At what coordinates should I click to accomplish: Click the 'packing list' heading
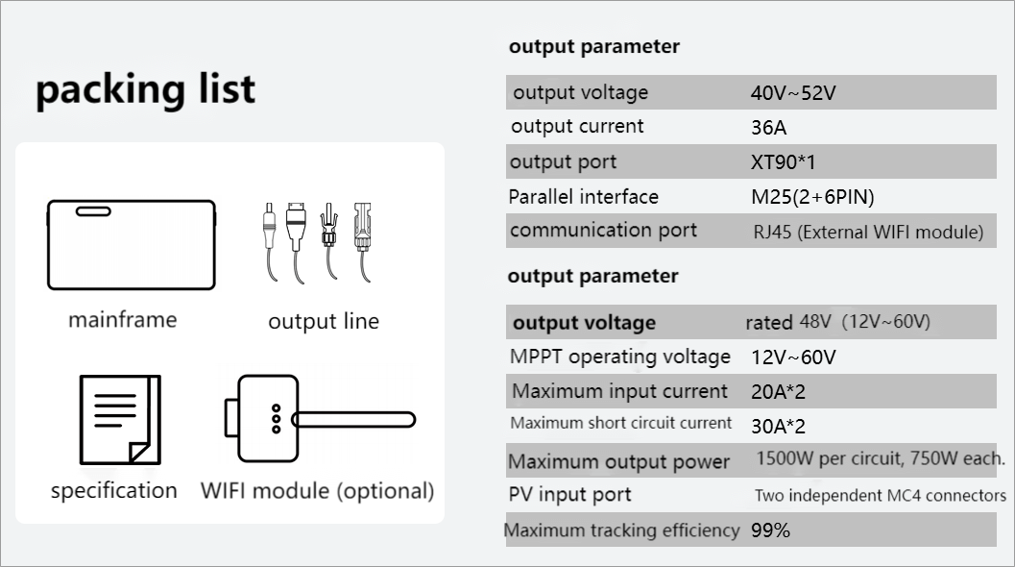146,89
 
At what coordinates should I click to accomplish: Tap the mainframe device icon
132,244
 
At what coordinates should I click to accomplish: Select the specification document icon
120,419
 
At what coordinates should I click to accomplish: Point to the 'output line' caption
324,321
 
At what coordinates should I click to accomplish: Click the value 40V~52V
793,93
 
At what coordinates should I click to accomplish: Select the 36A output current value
768,127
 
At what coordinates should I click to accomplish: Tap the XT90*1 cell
783,161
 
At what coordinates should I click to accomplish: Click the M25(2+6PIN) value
812,197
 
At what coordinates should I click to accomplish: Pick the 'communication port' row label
603,231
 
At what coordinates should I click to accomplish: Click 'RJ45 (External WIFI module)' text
868,232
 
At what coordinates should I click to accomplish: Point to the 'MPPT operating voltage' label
620,357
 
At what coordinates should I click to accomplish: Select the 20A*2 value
779,391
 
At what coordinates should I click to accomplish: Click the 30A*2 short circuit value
779,426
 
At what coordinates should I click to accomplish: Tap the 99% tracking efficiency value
770,530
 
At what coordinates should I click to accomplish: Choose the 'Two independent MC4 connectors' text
880,496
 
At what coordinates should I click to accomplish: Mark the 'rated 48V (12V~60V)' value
837,322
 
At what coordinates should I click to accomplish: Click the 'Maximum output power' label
618,461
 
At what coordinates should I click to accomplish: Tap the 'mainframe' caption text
122,319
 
